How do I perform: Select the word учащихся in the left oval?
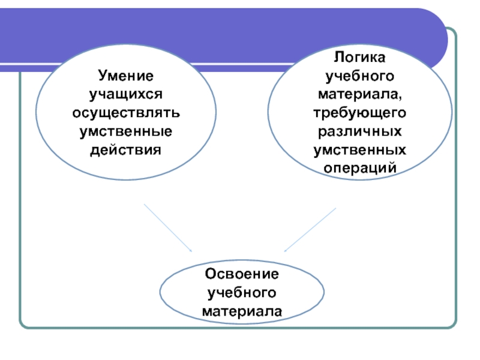126,94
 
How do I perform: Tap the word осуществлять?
126,112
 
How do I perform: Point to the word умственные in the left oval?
126,130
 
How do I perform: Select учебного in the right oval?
360,76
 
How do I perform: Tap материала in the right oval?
358,94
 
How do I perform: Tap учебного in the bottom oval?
242,293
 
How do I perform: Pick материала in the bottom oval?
242,311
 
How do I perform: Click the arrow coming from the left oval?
167,228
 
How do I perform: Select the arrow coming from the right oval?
310,230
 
